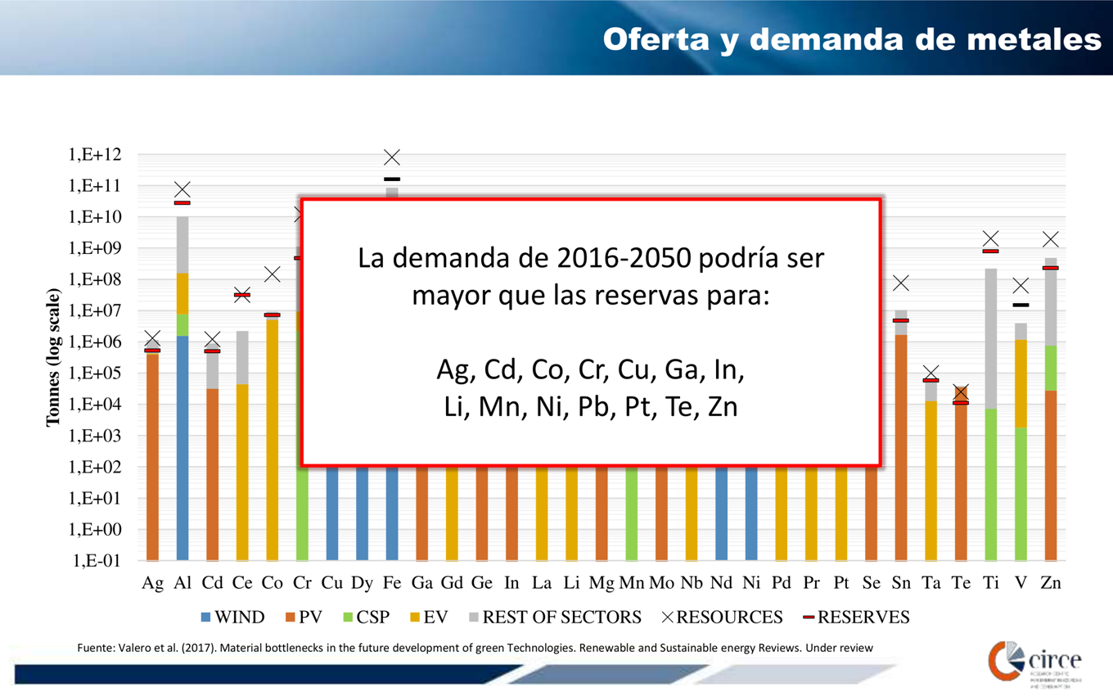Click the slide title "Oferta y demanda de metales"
pyautogui.click(x=851, y=38)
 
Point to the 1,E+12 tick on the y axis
pyautogui.click(x=96, y=155)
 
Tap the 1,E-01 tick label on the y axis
pyautogui.click(x=97, y=561)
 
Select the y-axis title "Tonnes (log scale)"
pyautogui.click(x=53, y=358)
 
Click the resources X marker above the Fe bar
pyautogui.click(x=392, y=157)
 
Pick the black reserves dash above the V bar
pyautogui.click(x=1021, y=305)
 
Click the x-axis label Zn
pyautogui.click(x=1051, y=583)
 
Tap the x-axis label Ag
pyautogui.click(x=152, y=583)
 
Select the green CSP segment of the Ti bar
pyautogui.click(x=990, y=484)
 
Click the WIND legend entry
pyautogui.click(x=232, y=617)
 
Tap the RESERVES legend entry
pyautogui.click(x=854, y=617)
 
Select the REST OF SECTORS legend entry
pyautogui.click(x=552, y=617)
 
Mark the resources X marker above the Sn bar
pyautogui.click(x=901, y=283)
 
